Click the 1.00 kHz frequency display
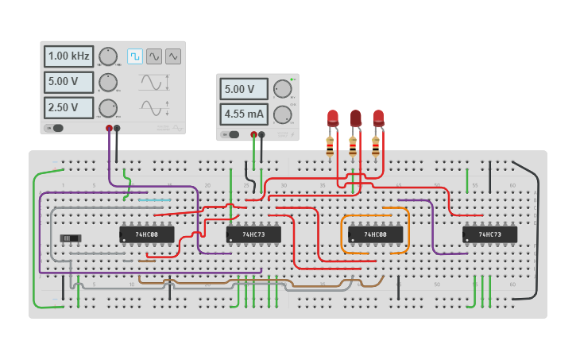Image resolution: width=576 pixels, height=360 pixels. pyautogui.click(x=68, y=56)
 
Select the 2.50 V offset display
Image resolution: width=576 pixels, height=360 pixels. pyautogui.click(x=68, y=107)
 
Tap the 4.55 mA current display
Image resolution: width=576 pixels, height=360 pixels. pyautogui.click(x=244, y=114)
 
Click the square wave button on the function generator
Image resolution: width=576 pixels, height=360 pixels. pyautogui.click(x=134, y=56)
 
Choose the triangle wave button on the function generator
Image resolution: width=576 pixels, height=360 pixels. pyautogui.click(x=172, y=56)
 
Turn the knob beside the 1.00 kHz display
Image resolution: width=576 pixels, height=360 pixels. pyautogui.click(x=107, y=56)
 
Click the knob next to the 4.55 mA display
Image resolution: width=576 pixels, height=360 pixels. pyautogui.click(x=282, y=114)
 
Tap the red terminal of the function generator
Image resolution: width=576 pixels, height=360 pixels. pyautogui.click(x=110, y=128)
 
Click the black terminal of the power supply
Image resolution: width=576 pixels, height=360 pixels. pyautogui.click(x=262, y=135)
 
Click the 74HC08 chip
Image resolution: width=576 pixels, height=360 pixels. pyautogui.click(x=146, y=234)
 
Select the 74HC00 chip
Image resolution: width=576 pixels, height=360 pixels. pyautogui.click(x=375, y=234)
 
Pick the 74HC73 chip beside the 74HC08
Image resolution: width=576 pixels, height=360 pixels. pyautogui.click(x=253, y=234)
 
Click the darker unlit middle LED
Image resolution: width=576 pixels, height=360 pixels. pyautogui.click(x=355, y=118)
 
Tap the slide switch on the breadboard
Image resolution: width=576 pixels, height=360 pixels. pyautogui.click(x=72, y=238)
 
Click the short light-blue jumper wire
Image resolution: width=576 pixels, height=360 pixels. pyautogui.click(x=154, y=200)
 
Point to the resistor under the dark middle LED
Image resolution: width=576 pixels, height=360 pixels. pyautogui.click(x=353, y=146)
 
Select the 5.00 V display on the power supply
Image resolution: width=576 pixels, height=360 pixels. pyautogui.click(x=244, y=89)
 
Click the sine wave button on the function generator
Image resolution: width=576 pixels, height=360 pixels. pyautogui.click(x=153, y=56)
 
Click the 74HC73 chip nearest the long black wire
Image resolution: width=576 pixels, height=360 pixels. pyautogui.click(x=490, y=234)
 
